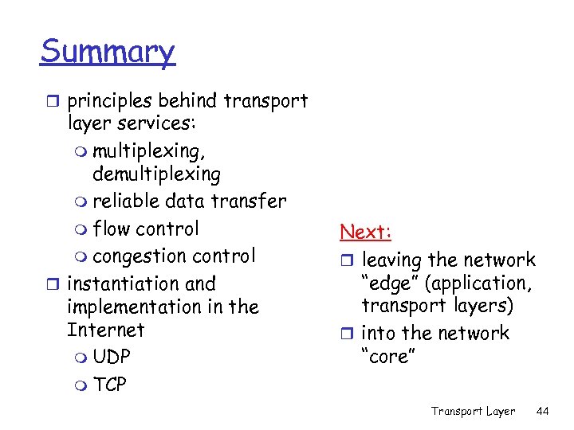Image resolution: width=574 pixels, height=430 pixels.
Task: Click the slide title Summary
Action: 107,53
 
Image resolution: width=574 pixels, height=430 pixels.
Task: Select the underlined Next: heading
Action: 365,232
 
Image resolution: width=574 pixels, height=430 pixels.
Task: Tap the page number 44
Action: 544,411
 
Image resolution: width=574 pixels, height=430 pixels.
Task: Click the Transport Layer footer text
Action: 473,411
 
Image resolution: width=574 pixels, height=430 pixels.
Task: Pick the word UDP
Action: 112,358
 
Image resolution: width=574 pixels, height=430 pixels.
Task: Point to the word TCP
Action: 110,385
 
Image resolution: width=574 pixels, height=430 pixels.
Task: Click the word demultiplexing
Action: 156,174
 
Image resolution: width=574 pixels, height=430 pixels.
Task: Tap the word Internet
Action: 106,330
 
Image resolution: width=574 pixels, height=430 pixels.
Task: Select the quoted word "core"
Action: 388,357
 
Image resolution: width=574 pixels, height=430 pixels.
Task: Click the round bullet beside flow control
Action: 80,230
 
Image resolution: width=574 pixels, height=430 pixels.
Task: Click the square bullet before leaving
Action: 348,260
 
